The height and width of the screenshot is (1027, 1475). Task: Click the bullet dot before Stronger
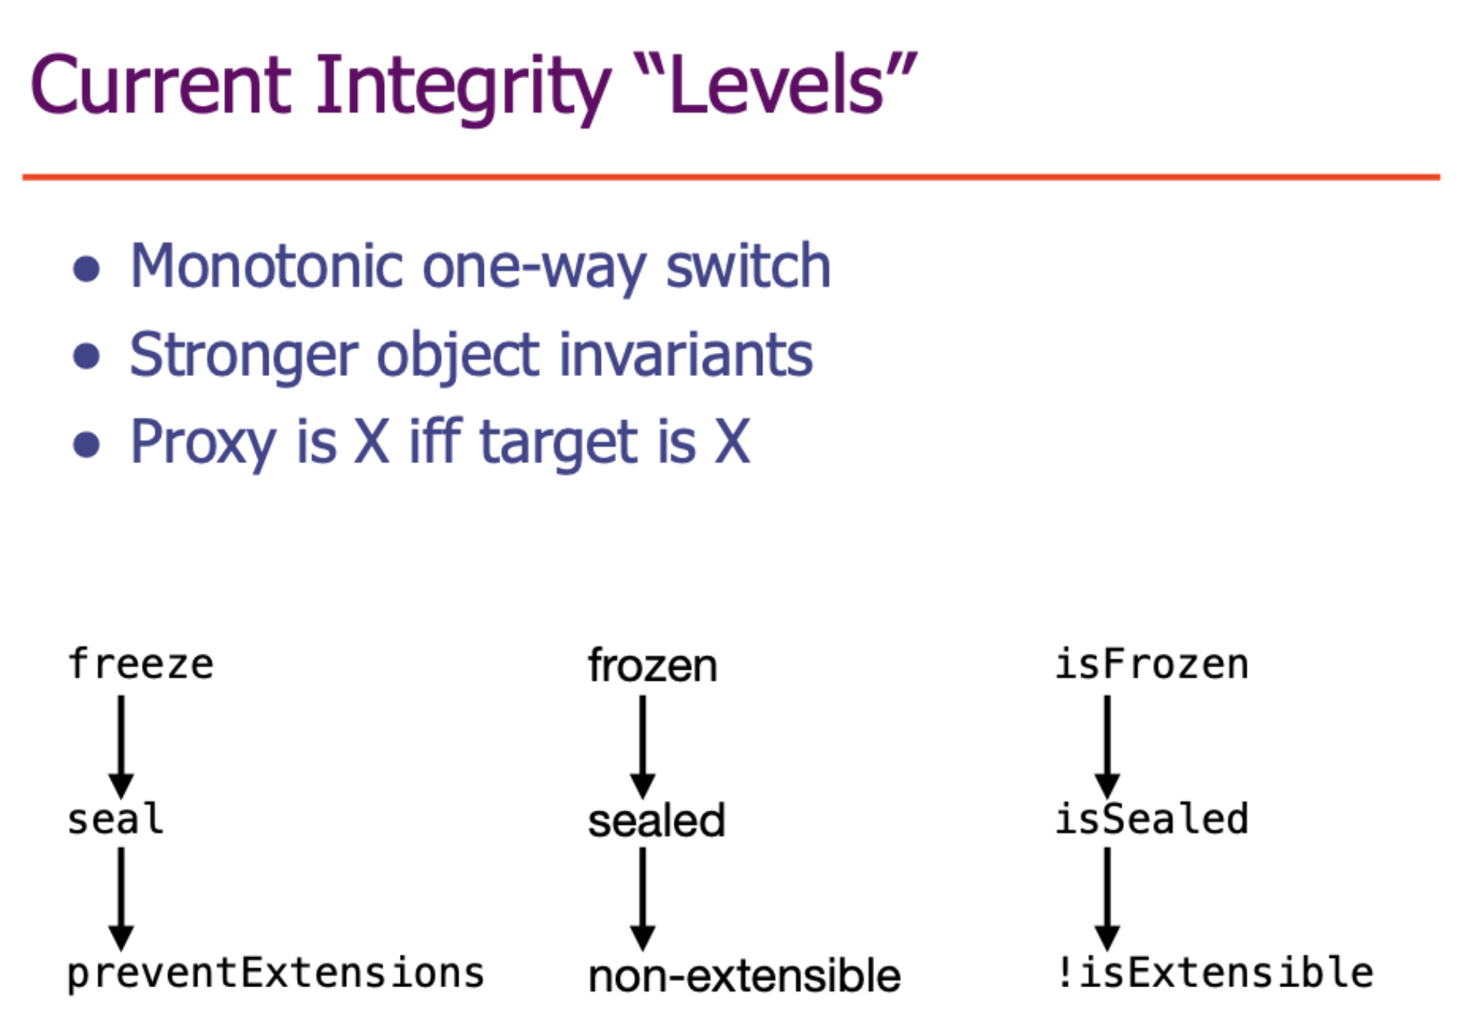click(87, 356)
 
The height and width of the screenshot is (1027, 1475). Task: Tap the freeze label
click(141, 664)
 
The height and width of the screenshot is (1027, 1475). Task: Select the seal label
click(115, 818)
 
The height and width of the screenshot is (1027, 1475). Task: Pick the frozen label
click(653, 666)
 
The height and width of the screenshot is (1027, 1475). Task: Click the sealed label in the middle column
click(656, 821)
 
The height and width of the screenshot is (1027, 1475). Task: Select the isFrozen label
click(1152, 664)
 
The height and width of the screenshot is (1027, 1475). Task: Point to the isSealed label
click(1152, 818)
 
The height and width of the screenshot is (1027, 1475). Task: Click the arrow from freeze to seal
click(121, 747)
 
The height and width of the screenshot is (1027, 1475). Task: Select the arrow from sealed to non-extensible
click(642, 899)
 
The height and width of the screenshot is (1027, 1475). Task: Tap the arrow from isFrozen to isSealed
click(1107, 747)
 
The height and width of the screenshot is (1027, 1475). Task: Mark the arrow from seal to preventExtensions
click(121, 899)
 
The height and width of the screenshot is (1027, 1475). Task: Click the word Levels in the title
click(777, 84)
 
